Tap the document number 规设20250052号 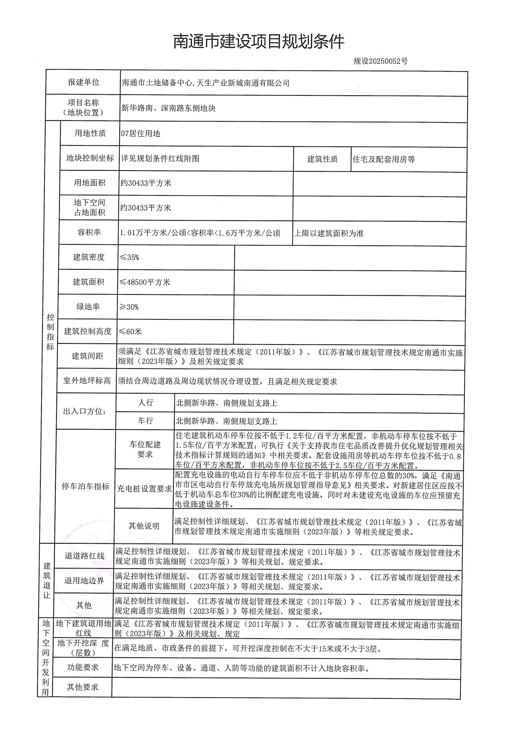tap(380, 61)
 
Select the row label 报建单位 tap(84, 82)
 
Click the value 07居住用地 tap(141, 134)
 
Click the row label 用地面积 tap(90, 183)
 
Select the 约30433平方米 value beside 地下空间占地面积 tap(146, 208)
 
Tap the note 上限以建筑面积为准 tap(329, 233)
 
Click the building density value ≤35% tap(129, 257)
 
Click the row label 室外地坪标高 tap(87, 381)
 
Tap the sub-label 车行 tap(145, 421)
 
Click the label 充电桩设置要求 tap(144, 488)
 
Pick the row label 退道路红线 tap(84, 556)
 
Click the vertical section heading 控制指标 tap(50, 332)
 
